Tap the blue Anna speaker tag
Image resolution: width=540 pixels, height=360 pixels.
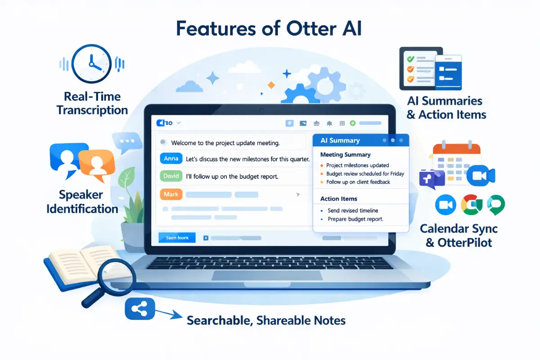(x=171, y=158)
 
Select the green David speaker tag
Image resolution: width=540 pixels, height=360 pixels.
(x=171, y=176)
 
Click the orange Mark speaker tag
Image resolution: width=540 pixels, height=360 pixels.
(x=171, y=194)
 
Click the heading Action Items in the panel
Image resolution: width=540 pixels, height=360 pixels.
(x=338, y=198)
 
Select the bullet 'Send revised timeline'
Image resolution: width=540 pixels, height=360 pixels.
(x=353, y=210)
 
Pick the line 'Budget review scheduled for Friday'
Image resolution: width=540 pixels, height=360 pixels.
(x=365, y=174)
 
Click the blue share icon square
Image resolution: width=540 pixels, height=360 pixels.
(x=139, y=308)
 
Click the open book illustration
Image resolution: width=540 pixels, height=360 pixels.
(x=72, y=265)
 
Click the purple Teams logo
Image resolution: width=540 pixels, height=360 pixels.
(x=431, y=177)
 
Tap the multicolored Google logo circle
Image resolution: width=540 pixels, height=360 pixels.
(x=472, y=205)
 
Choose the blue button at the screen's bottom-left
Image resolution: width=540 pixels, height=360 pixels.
(x=177, y=238)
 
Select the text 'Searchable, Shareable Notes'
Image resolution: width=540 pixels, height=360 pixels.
(x=266, y=320)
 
